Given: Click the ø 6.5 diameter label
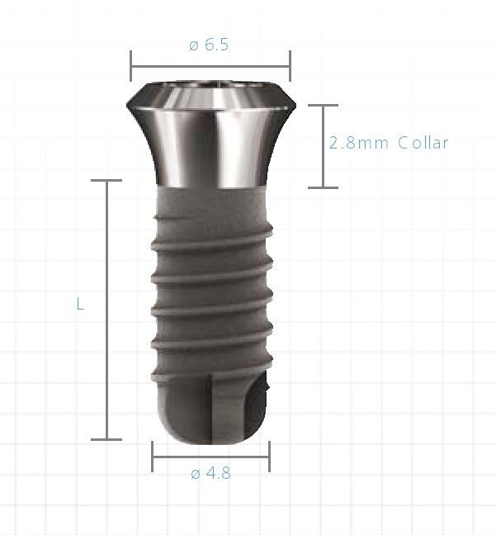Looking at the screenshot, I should [209, 45].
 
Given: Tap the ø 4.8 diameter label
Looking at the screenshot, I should [210, 474].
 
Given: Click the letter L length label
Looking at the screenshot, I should [80, 304].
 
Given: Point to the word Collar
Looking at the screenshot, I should [423, 143].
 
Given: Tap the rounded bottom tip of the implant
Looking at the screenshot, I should [210, 428].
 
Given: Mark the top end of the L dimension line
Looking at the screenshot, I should [106, 180].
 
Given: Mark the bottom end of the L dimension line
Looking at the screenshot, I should [106, 439].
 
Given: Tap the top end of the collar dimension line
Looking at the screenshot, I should [323, 105].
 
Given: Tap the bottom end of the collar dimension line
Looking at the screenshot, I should [323, 187].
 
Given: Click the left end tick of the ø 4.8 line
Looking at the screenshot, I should [153, 456].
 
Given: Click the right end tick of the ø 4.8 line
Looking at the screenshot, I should [269, 456].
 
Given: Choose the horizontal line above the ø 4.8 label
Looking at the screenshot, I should [210, 456].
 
